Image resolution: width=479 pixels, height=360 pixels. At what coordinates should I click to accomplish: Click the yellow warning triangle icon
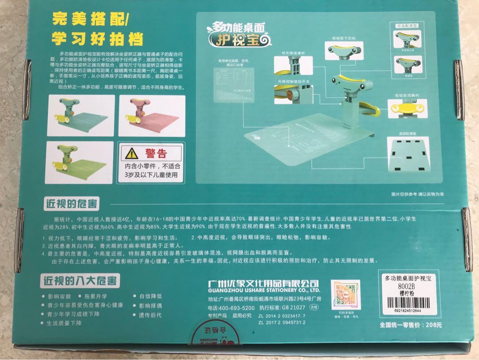(131, 154)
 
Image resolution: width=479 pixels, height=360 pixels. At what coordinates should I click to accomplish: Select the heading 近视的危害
(71, 204)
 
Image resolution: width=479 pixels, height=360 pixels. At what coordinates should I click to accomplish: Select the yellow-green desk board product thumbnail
(78, 162)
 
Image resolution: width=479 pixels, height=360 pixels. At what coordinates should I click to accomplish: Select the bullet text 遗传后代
(150, 316)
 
